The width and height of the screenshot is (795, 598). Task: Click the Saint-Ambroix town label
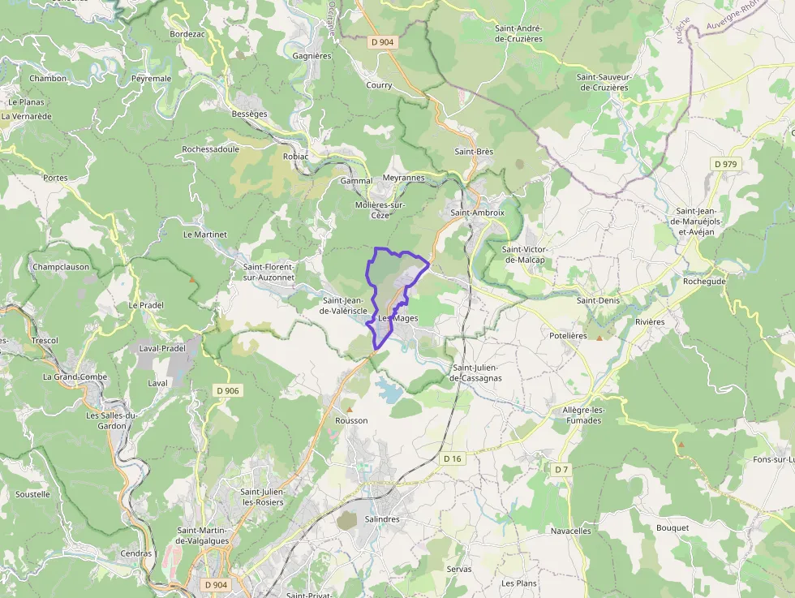[x=477, y=213]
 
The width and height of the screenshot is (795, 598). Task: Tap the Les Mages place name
[x=397, y=318]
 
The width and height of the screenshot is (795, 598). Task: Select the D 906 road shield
[x=229, y=391]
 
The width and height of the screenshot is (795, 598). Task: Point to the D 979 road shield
[x=726, y=164]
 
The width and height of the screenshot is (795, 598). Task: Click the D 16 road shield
[x=453, y=458]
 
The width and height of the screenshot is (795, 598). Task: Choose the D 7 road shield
[x=562, y=470]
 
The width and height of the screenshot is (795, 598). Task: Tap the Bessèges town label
[x=249, y=114]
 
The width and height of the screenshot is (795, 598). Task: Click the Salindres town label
[x=382, y=518]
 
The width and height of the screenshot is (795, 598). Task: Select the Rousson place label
[x=351, y=420]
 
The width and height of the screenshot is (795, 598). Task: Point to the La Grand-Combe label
[x=75, y=377]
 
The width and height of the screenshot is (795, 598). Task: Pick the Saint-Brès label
[x=474, y=152]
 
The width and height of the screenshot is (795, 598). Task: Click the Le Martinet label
[x=205, y=234]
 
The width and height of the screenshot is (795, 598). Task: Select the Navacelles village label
[x=571, y=531]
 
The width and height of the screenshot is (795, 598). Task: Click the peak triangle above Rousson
[x=350, y=409]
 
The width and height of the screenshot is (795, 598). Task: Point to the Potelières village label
[x=568, y=335]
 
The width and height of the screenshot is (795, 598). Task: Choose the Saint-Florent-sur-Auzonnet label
[x=269, y=272]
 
